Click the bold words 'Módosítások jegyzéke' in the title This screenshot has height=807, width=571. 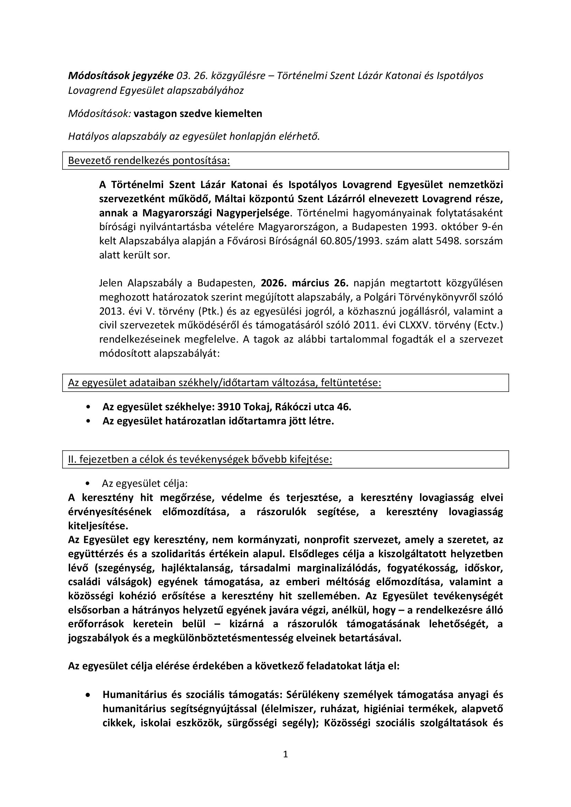[x=121, y=76]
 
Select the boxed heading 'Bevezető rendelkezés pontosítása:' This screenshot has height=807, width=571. [x=149, y=161]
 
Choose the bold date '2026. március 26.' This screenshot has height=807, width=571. [x=305, y=283]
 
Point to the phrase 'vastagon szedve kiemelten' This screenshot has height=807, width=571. [x=198, y=114]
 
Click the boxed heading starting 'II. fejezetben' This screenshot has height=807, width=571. [x=200, y=459]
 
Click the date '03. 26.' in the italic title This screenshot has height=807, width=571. [x=190, y=76]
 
